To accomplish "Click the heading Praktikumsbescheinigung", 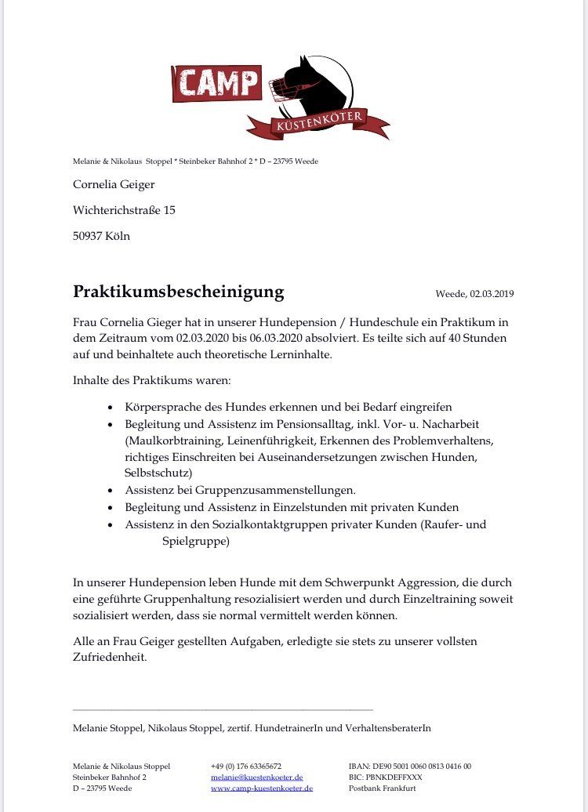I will click(x=179, y=292).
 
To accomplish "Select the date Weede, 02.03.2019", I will click(x=474, y=295).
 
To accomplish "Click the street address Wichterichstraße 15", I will click(x=124, y=210).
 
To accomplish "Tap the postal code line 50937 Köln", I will click(x=102, y=235).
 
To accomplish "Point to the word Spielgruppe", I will click(x=196, y=541).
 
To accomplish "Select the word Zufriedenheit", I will click(x=110, y=658).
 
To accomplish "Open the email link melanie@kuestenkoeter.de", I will click(x=257, y=777).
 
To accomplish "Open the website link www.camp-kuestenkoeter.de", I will click(x=262, y=788).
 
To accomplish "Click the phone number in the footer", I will click(x=246, y=766).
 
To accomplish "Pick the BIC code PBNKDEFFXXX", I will click(x=386, y=777).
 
